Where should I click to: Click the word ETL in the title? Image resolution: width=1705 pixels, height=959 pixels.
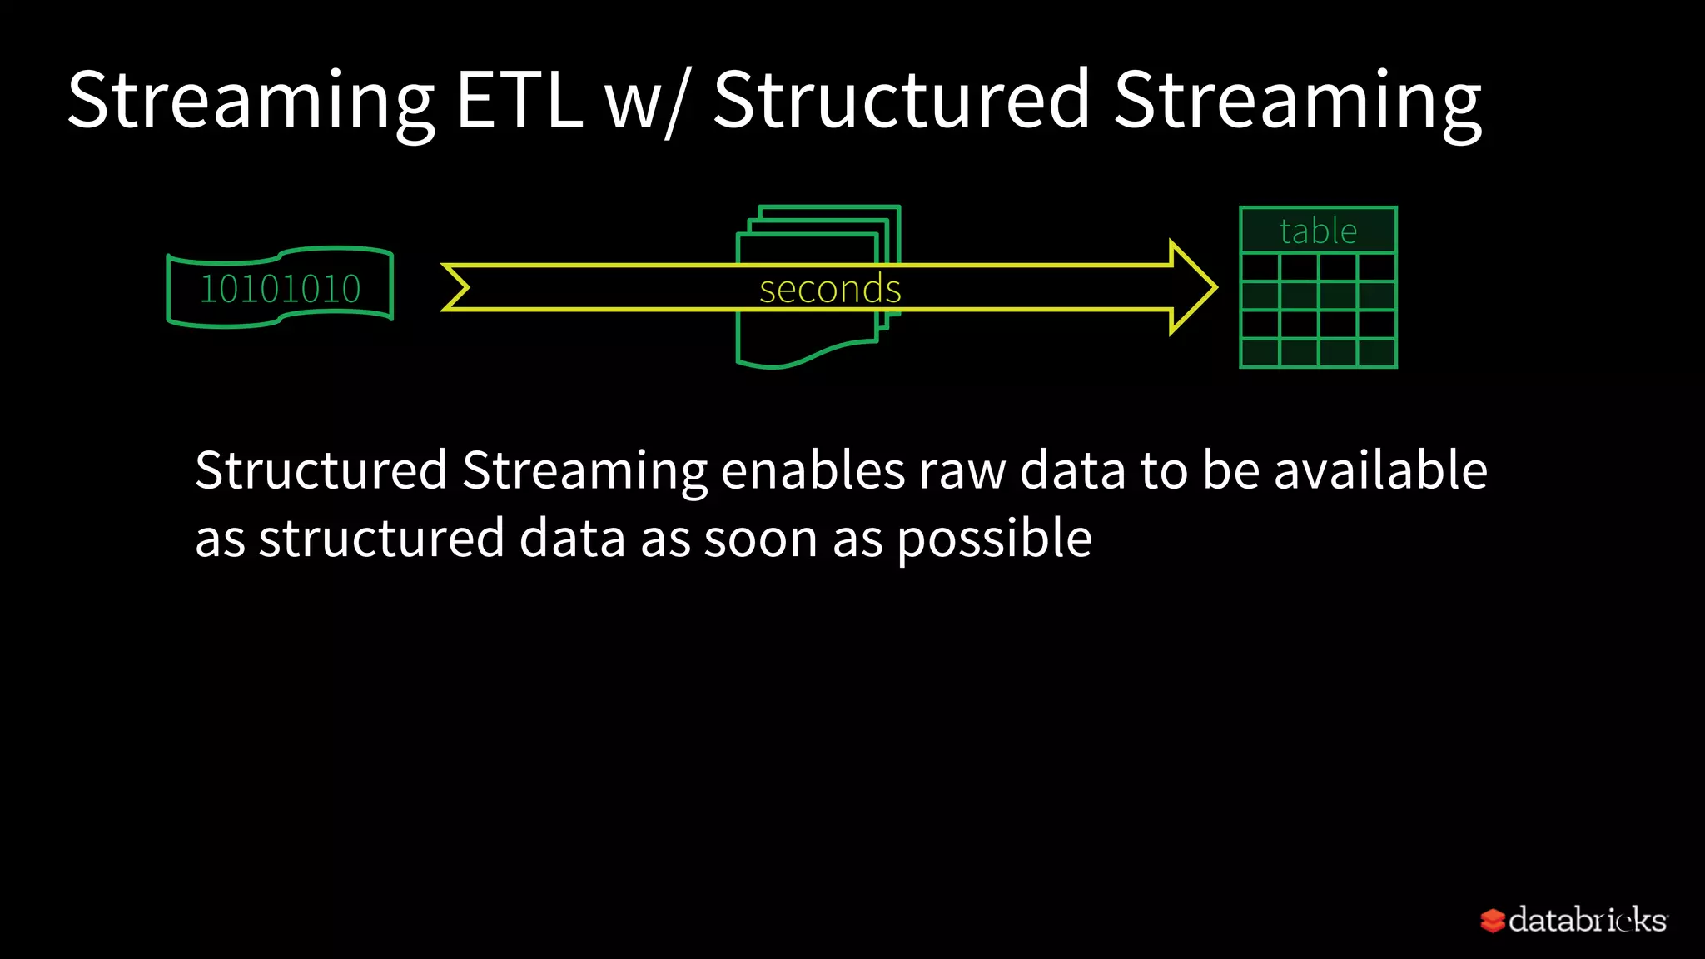[x=519, y=102]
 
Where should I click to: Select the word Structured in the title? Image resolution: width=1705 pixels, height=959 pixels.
[x=902, y=102]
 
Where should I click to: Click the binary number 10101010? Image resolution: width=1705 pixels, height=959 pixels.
[x=281, y=290]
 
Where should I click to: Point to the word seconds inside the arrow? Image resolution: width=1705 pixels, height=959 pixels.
[x=830, y=290]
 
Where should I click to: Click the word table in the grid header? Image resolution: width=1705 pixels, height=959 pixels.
[x=1318, y=231]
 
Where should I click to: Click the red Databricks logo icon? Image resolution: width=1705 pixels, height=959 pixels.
[x=1492, y=921]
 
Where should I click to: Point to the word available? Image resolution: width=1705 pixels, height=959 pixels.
[x=1380, y=470]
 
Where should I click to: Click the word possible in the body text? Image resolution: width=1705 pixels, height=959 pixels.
[x=994, y=539]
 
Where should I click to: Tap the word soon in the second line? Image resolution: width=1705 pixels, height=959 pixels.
[x=761, y=539]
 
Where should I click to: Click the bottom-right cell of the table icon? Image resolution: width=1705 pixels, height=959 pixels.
[x=1377, y=353]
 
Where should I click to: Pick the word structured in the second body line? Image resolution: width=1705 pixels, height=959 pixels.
[x=381, y=539]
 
